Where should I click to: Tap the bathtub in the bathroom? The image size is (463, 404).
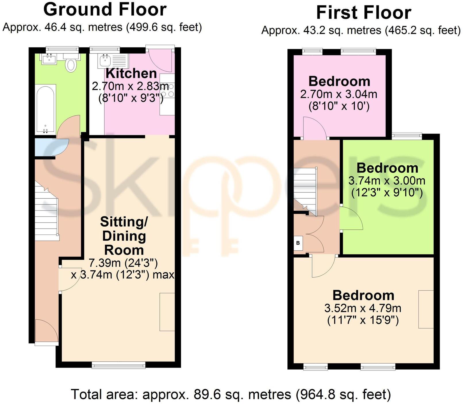pos(45,109)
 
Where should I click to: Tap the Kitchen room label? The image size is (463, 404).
pos(131,74)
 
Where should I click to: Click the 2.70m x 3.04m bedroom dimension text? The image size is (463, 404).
pos(339,94)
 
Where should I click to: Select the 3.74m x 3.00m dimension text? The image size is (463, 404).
pos(387,181)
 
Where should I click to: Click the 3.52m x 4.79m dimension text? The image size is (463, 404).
pos(363,308)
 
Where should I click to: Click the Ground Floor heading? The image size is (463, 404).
pos(105,9)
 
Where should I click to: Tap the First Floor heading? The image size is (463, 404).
pos(363,13)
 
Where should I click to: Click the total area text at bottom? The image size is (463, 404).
pos(231,394)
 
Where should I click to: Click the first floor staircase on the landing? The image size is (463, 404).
pos(305,191)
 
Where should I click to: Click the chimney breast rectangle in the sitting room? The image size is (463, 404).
pos(167,312)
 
